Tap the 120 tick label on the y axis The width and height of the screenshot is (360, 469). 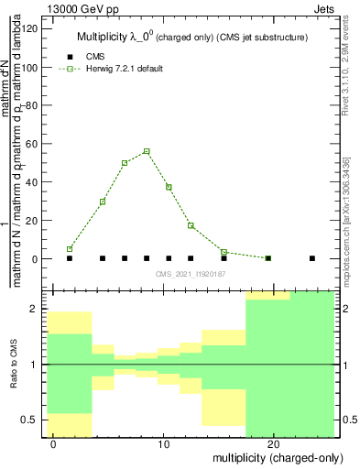click(29, 28)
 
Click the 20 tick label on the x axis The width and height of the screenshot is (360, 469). click(273, 444)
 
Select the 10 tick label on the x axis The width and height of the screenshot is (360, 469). click(163, 444)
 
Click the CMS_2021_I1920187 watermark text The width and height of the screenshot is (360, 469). click(191, 273)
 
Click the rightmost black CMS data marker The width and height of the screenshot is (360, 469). click(312, 258)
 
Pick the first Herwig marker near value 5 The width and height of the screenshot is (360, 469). click(70, 249)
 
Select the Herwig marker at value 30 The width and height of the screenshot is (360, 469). click(103, 202)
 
